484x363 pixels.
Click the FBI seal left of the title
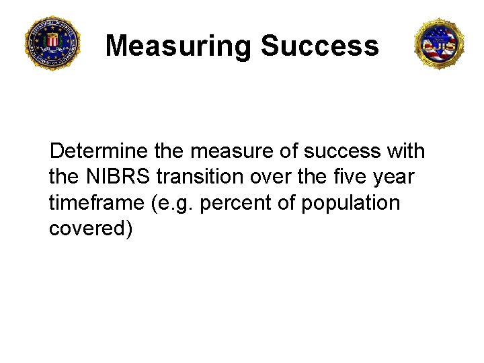tap(52, 43)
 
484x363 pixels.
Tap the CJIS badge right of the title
tap(440, 44)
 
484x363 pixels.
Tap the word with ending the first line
tap(406, 151)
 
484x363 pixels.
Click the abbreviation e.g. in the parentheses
tap(171, 203)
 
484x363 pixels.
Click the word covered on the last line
tap(91, 229)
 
